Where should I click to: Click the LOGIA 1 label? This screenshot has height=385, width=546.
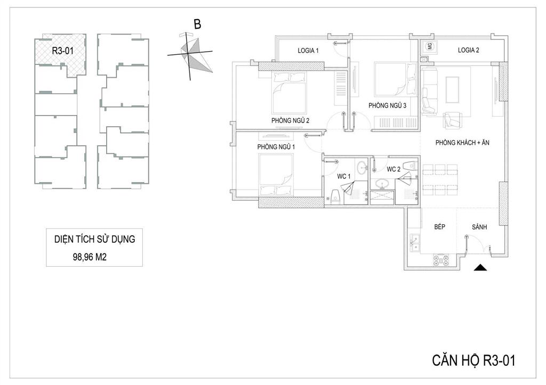point(308,51)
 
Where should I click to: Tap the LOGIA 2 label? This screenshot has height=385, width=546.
point(468,50)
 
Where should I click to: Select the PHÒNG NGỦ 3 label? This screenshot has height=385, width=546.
point(387,105)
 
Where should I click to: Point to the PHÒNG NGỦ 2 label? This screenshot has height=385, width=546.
point(290,120)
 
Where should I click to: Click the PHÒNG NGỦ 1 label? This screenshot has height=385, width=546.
point(276,147)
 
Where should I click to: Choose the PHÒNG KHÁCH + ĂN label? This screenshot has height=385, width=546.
point(462,142)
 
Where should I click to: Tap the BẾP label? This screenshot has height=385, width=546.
point(439,226)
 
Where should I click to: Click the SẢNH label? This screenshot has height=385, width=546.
point(479,227)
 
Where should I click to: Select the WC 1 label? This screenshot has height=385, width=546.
point(343,176)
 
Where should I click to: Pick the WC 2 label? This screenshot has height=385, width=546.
point(394,169)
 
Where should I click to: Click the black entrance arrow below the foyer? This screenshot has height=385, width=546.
point(480,267)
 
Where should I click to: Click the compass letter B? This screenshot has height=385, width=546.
point(197,24)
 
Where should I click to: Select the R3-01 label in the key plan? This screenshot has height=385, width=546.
point(63,51)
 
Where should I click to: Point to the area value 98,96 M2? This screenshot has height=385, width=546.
point(90,257)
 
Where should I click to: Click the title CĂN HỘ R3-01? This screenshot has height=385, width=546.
point(473,361)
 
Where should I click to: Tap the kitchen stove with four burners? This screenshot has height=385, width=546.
point(440,260)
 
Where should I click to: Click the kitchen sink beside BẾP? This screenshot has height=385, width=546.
point(415,242)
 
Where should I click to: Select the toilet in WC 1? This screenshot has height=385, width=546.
point(335,196)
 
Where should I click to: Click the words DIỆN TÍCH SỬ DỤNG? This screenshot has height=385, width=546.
point(95,239)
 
